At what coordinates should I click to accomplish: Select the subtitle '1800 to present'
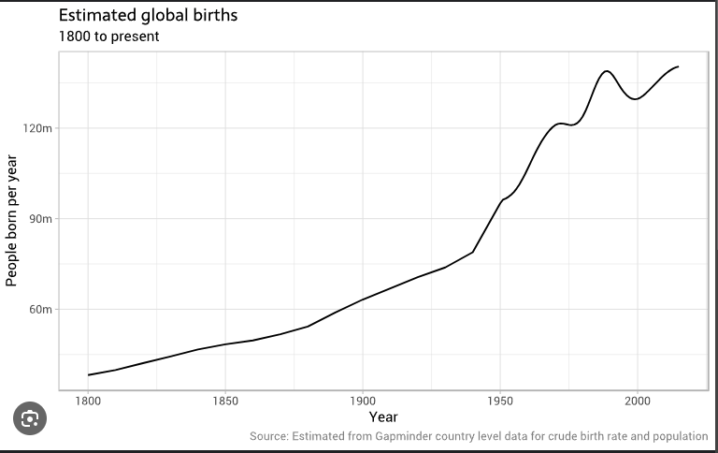pyautogui.click(x=108, y=37)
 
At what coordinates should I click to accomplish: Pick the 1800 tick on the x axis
pyautogui.click(x=88, y=400)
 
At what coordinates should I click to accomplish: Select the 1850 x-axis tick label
pyautogui.click(x=224, y=400)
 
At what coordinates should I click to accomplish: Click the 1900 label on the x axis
pyautogui.click(x=362, y=400)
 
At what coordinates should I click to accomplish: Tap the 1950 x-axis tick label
pyautogui.click(x=499, y=400)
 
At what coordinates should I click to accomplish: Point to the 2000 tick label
pyautogui.click(x=637, y=400)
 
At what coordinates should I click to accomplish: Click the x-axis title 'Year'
pyautogui.click(x=382, y=417)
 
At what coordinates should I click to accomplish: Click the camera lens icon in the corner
pyautogui.click(x=29, y=417)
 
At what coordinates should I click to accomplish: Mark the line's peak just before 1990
pyautogui.click(x=607, y=71)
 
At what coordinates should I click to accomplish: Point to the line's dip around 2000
pyautogui.click(x=636, y=98)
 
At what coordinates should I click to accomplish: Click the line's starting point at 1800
pyautogui.click(x=88, y=375)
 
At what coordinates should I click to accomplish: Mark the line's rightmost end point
pyautogui.click(x=678, y=66)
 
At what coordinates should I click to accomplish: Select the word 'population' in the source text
pyautogui.click(x=677, y=436)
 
